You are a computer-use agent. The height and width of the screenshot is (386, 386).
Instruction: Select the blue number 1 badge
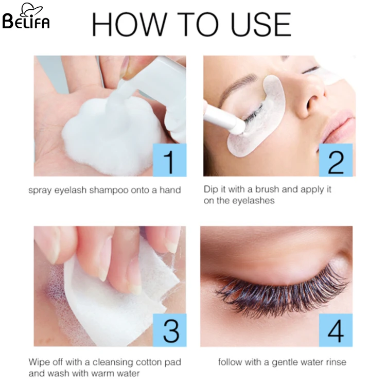pyautogui.click(x=169, y=160)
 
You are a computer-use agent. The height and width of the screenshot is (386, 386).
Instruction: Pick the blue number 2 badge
pyautogui.click(x=336, y=160)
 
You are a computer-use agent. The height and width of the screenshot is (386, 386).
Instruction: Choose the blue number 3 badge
pyautogui.click(x=169, y=329)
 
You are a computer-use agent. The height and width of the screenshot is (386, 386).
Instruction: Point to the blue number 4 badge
pyautogui.click(x=336, y=329)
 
